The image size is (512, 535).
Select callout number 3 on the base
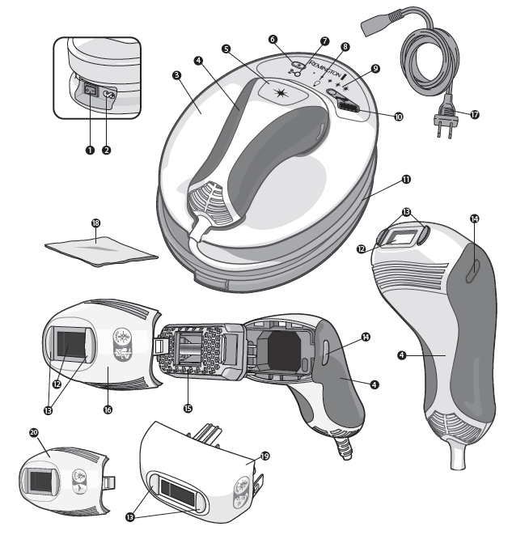pyautogui.click(x=176, y=74)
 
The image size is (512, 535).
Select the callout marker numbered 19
pyautogui.click(x=264, y=456)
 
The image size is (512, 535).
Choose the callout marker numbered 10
pyautogui.click(x=397, y=117)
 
